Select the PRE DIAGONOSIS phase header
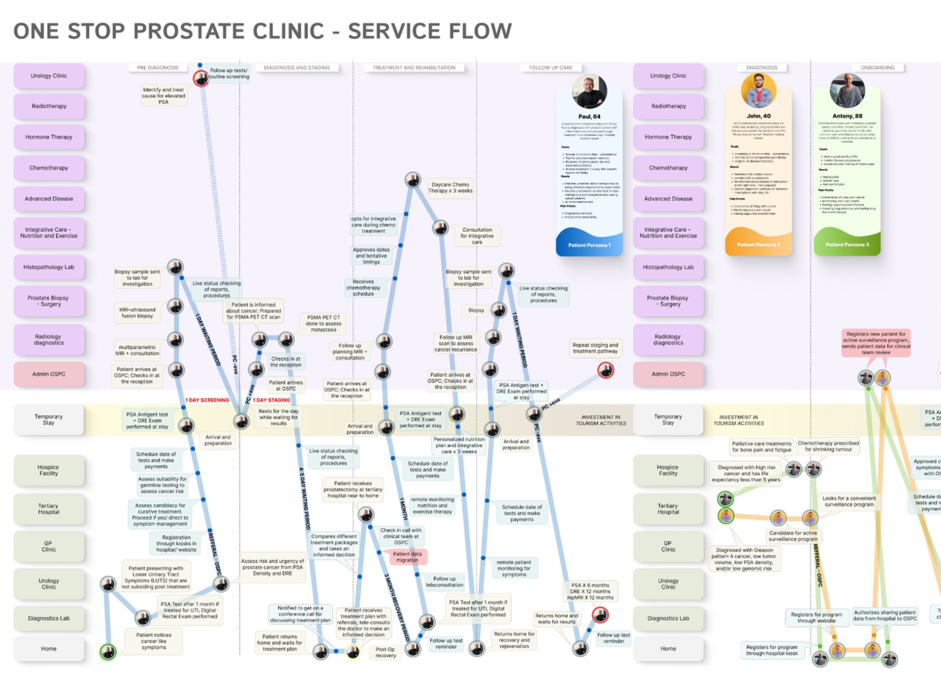(158, 68)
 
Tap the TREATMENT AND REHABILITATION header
(414, 68)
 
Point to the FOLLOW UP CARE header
(550, 68)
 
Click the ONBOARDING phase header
(878, 68)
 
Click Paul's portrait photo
(589, 91)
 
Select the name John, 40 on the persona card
(758, 116)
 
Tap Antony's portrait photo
(847, 91)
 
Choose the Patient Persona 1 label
(589, 245)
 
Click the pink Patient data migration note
(407, 557)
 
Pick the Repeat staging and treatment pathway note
(595, 348)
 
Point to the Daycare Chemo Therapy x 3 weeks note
(451, 187)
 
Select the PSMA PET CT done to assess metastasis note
(323, 324)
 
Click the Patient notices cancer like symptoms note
(154, 641)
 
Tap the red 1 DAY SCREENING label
(207, 400)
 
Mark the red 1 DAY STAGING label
(271, 400)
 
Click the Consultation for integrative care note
(477, 236)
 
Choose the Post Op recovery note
(385, 652)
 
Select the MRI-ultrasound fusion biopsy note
(137, 313)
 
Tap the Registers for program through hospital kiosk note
(772, 650)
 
